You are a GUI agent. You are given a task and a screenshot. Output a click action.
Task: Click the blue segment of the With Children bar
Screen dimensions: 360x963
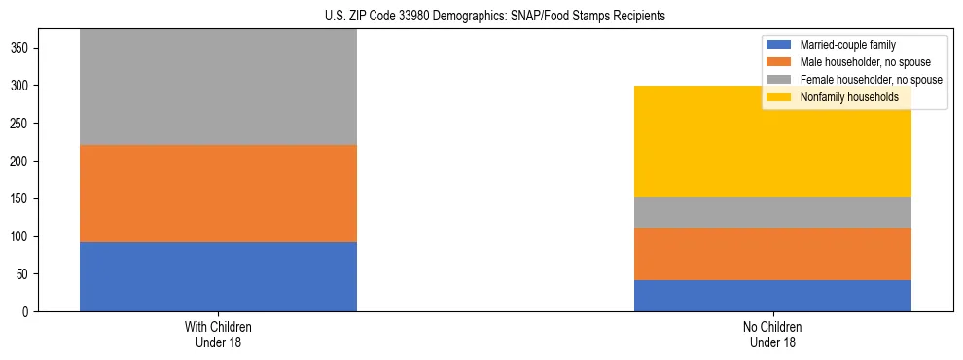[x=218, y=276]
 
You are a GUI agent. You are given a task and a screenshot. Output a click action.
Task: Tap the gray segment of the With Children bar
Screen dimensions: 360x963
[x=218, y=88]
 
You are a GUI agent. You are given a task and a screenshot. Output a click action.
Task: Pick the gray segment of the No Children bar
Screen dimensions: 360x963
[x=772, y=212]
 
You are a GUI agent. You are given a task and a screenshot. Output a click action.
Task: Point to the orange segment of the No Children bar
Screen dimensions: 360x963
[x=772, y=254]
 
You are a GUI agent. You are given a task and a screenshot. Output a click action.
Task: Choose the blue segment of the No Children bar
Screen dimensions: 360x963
[x=772, y=296]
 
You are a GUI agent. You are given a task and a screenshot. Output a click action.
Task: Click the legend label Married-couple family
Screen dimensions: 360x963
[x=847, y=45]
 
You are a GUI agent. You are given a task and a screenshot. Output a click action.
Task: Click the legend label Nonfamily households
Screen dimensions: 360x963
[x=849, y=97]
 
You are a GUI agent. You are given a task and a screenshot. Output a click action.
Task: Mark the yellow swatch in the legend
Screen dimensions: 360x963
[x=780, y=97]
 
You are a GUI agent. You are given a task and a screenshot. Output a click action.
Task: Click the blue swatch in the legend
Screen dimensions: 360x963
[x=780, y=45]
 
